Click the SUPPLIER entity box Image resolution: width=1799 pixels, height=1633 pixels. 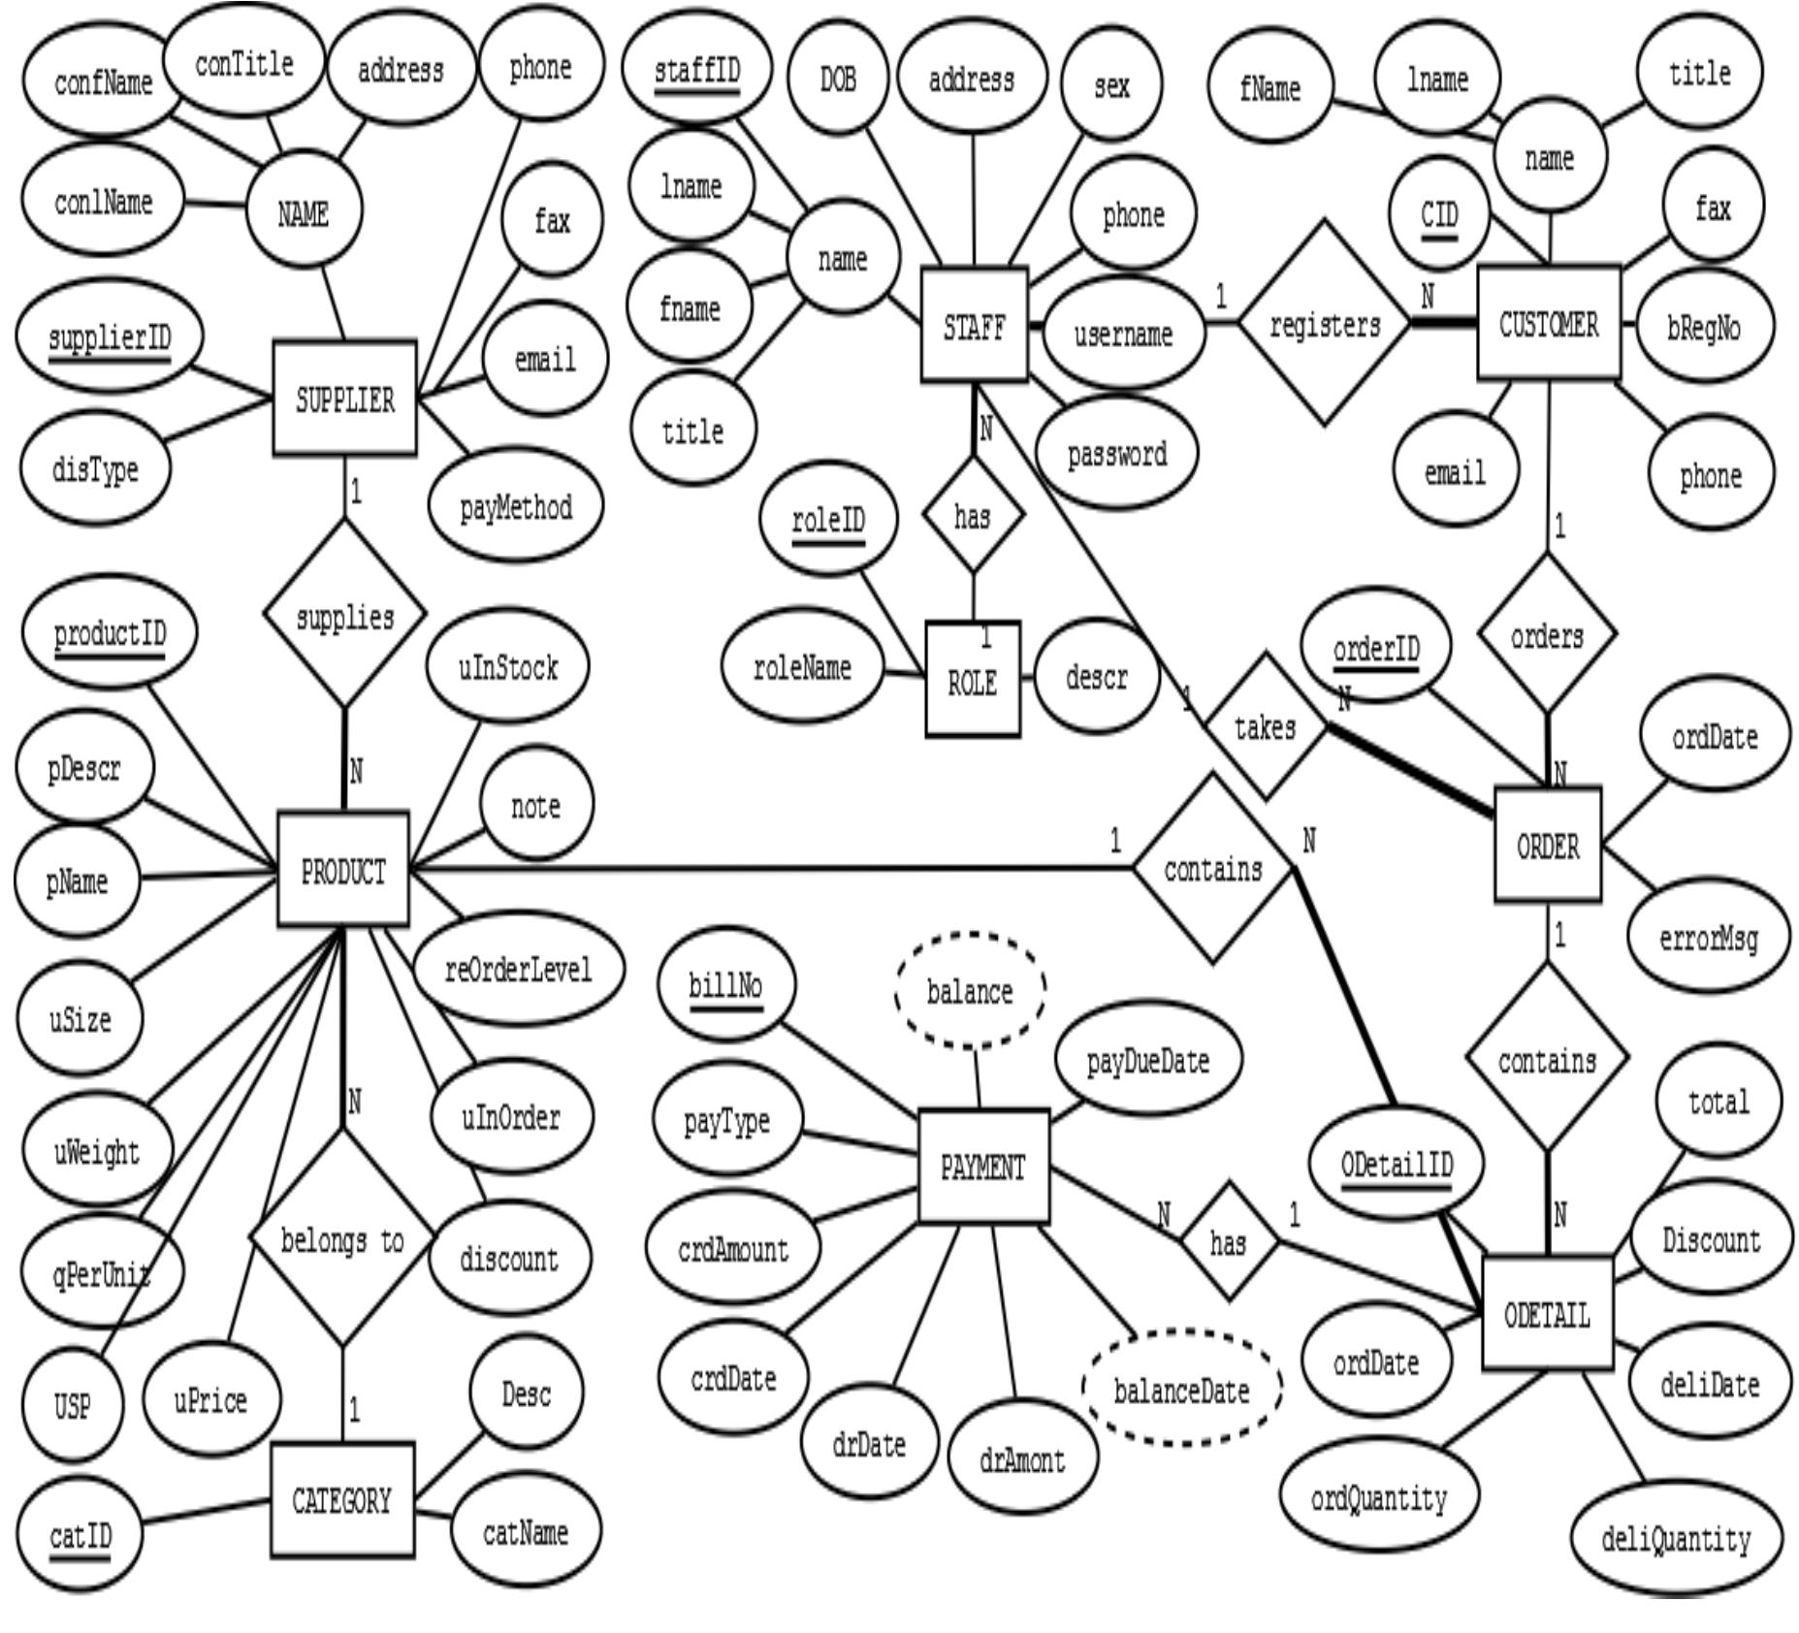(x=344, y=399)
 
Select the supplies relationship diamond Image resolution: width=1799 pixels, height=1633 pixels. (x=344, y=615)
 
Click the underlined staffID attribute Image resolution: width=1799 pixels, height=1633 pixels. (x=696, y=71)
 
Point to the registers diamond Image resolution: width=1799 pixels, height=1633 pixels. (x=1325, y=324)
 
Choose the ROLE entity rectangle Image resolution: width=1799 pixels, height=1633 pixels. (x=973, y=681)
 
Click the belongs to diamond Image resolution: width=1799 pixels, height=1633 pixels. (x=341, y=1240)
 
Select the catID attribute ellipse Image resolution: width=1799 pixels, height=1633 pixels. (x=80, y=1535)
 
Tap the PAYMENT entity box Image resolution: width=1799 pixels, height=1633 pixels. (x=982, y=1167)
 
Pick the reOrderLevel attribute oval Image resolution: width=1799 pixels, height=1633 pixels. (x=518, y=969)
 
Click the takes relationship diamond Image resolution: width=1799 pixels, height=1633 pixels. (x=1265, y=726)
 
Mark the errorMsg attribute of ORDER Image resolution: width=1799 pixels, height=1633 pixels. (x=1708, y=938)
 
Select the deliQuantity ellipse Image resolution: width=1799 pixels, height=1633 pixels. (x=1675, y=1539)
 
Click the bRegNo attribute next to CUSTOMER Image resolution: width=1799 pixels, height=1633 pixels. (x=1704, y=328)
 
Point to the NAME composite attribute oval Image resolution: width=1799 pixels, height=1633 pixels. (x=304, y=212)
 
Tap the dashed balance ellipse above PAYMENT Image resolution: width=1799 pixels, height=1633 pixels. (x=969, y=991)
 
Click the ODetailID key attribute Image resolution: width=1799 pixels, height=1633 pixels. (x=1396, y=1163)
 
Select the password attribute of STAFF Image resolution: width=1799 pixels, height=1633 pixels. (x=1116, y=453)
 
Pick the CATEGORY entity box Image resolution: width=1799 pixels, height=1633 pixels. (x=341, y=1500)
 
